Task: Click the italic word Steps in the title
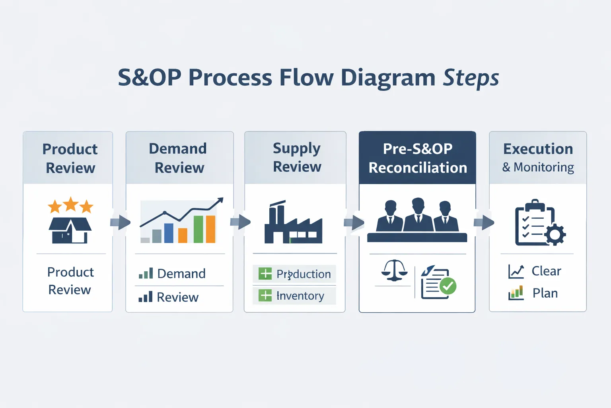471,78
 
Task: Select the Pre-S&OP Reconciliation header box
417,158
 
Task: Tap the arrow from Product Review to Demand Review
120,222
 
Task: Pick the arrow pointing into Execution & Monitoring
483,222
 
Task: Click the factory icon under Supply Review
293,223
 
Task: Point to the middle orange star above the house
71,204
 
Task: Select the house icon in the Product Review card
70,231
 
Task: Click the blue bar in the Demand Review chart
169,233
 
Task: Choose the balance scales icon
394,271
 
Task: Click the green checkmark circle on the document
448,286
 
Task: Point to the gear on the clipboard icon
555,234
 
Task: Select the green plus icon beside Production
265,274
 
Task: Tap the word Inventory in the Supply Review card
300,296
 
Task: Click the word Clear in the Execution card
546,271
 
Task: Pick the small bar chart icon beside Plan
516,293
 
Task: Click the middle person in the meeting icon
418,215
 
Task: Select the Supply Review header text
297,157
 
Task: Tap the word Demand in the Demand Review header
178,149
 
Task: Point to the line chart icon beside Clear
516,271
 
